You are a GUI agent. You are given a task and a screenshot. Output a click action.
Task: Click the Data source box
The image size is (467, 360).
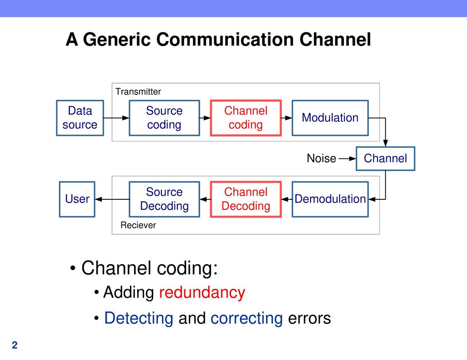point(80,118)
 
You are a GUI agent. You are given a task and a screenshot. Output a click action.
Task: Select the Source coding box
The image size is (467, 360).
point(164,118)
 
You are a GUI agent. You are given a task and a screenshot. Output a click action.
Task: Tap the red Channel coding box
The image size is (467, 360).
point(246,118)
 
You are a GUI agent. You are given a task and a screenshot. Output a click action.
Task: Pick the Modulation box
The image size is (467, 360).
point(330,118)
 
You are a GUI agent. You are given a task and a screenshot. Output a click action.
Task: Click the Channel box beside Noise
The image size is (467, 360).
point(385,158)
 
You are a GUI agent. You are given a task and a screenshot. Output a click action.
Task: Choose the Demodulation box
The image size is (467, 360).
point(330,199)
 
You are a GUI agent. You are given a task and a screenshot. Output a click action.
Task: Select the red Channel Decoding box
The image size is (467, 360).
point(246,199)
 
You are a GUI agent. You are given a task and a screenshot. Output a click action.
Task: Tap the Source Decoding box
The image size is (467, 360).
point(164,199)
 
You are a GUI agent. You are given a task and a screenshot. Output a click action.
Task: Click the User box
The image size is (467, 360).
point(77,199)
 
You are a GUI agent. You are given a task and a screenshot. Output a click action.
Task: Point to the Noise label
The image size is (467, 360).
point(322,158)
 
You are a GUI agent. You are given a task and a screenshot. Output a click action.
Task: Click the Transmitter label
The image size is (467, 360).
point(138,92)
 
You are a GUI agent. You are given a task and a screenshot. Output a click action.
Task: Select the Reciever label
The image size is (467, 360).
point(138,225)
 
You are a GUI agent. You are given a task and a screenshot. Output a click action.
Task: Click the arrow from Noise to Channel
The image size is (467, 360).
point(347,158)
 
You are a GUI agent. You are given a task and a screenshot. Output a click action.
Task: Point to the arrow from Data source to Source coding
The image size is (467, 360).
point(116,118)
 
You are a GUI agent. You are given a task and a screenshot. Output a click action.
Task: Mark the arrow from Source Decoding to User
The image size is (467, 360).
point(112,199)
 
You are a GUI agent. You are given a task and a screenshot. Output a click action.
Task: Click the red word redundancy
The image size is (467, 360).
point(202,292)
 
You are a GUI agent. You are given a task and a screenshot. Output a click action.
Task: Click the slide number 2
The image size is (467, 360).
point(15,345)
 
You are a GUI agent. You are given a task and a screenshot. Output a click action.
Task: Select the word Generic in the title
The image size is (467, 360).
point(117,39)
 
